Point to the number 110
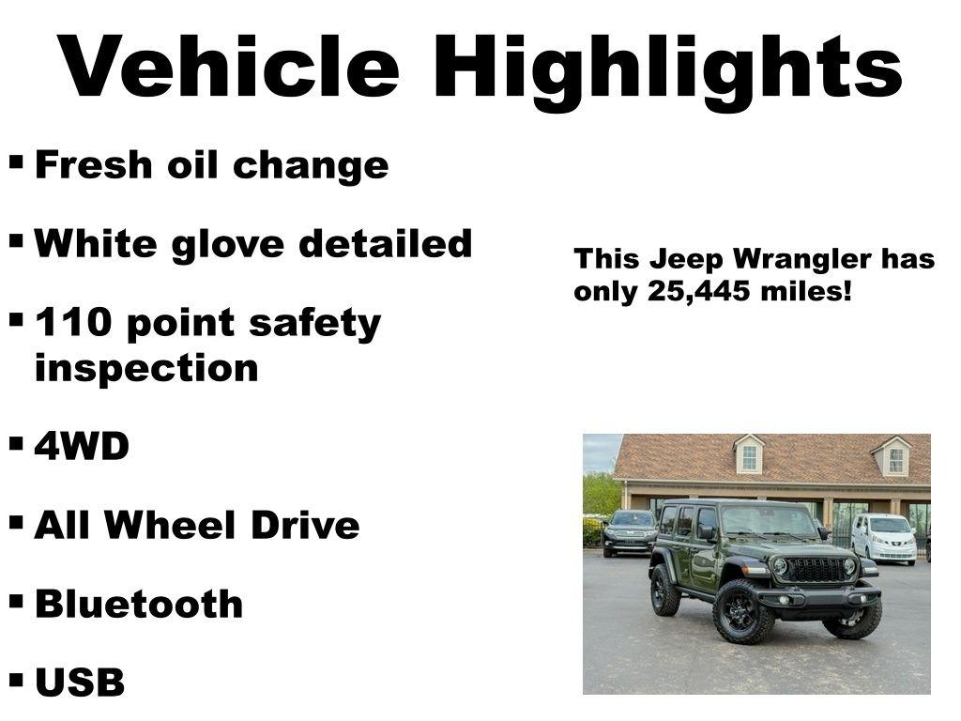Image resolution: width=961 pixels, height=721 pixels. point(73,324)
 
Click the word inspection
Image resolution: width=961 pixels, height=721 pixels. point(145,368)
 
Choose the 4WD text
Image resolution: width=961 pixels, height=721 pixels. point(82,447)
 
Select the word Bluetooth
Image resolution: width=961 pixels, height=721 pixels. point(138,604)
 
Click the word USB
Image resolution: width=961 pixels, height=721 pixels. point(80,683)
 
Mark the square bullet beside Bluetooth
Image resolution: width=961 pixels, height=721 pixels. point(17,601)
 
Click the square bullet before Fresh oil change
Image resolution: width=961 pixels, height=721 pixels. point(17,161)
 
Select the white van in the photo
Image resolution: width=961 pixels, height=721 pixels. point(884,539)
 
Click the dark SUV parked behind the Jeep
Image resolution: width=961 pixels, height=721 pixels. point(630,532)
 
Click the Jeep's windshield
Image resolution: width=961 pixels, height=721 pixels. point(769,521)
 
